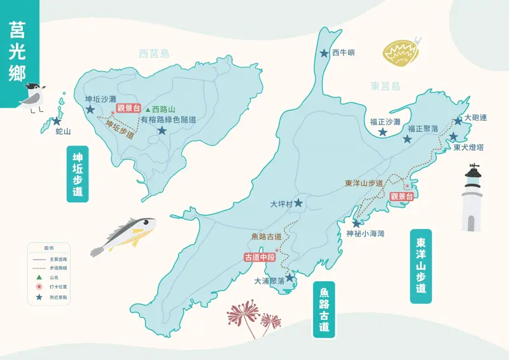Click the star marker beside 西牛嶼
click(x=324, y=54)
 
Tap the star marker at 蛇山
click(x=57, y=121)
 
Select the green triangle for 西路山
click(x=148, y=109)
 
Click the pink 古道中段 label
click(x=260, y=257)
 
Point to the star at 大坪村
click(x=298, y=203)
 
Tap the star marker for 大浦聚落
click(x=290, y=277)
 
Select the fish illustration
click(x=124, y=234)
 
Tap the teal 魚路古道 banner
click(x=324, y=310)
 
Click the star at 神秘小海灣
click(x=356, y=223)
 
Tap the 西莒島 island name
click(x=155, y=54)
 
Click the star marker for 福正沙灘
click(x=382, y=132)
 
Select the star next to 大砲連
click(x=458, y=121)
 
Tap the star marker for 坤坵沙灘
click(x=91, y=109)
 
